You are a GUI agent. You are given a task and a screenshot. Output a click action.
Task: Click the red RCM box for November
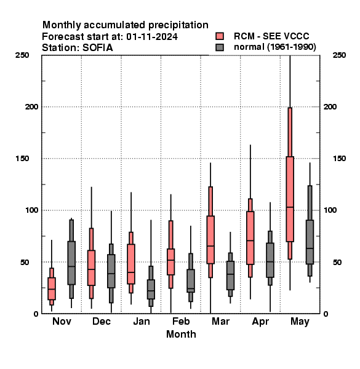[x=52, y=288]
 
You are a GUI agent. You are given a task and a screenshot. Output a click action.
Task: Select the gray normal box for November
[x=71, y=263]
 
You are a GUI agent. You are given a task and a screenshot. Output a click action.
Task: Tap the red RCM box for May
[x=290, y=199]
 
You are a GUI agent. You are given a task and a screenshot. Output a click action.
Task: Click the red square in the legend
[x=220, y=36]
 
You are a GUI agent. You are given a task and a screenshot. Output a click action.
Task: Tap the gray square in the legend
[x=220, y=47]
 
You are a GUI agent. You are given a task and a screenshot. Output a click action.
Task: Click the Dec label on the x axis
[x=102, y=321]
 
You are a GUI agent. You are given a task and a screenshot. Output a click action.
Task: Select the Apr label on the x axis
[x=260, y=322]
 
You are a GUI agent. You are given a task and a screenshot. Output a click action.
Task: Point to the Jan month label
[x=142, y=321]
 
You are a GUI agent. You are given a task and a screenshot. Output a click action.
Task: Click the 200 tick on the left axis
[x=31, y=106]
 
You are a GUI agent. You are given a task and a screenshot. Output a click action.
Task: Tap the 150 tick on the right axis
[x=339, y=159]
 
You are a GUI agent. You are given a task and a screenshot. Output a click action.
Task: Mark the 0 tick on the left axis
[x=36, y=314]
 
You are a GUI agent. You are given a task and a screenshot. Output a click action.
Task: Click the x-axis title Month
[x=181, y=334]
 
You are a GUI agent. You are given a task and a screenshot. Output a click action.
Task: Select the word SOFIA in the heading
[x=97, y=48]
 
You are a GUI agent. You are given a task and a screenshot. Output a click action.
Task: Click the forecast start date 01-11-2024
[x=152, y=37]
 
